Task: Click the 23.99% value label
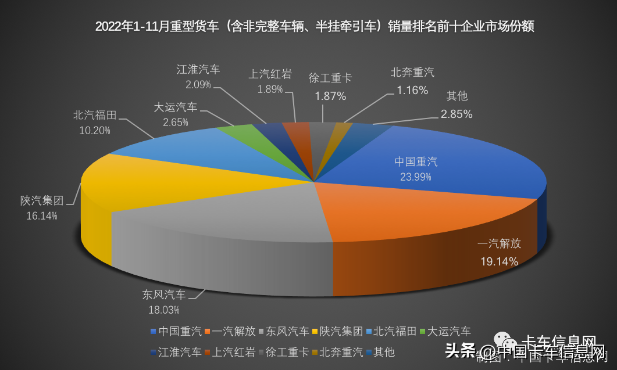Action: [416, 176]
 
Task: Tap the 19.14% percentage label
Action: [499, 261]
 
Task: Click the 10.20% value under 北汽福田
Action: [94, 130]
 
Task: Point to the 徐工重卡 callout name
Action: [330, 78]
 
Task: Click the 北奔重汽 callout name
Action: [412, 73]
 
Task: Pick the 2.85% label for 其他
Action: [456, 114]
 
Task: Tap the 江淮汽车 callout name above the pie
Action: [198, 69]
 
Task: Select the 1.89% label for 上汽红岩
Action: [270, 89]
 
